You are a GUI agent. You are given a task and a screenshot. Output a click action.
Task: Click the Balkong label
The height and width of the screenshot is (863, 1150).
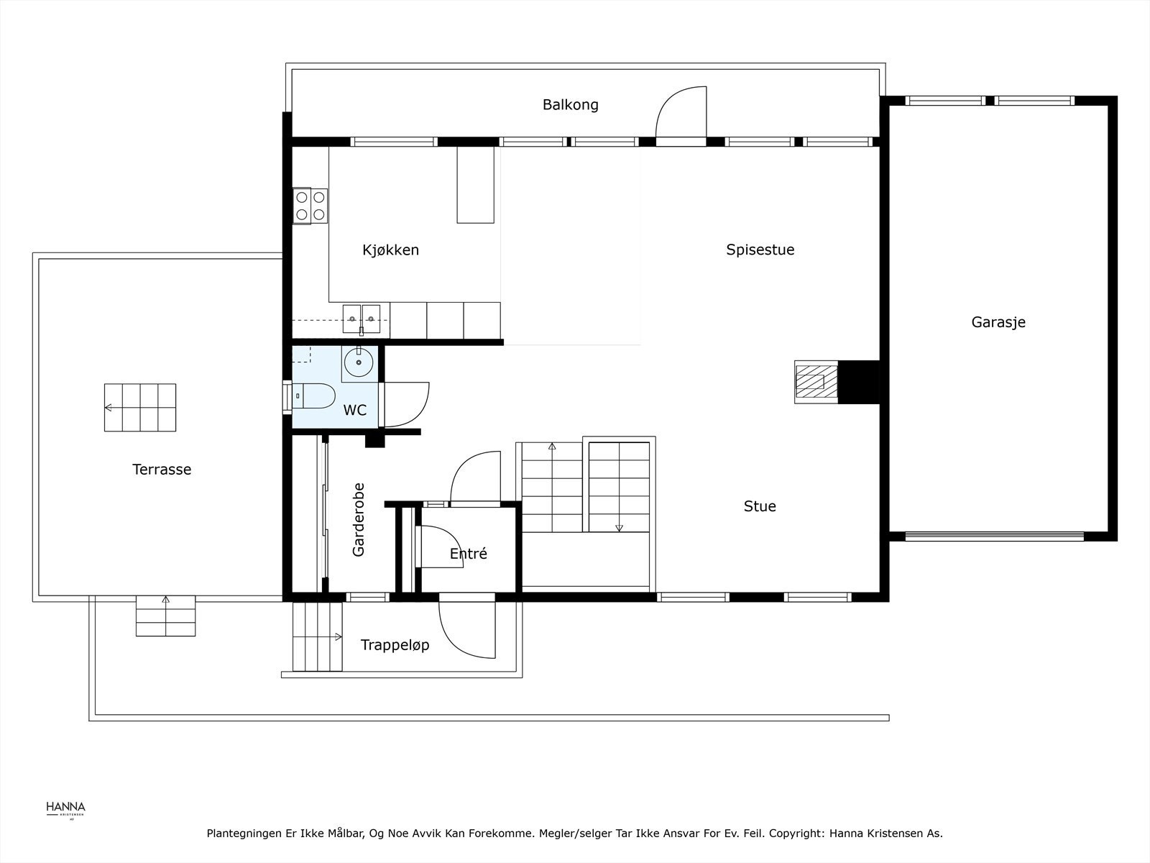coord(570,105)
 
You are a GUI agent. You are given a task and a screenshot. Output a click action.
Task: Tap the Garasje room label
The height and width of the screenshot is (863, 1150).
coord(998,322)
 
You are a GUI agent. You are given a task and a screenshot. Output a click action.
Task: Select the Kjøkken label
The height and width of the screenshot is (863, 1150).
coord(390,250)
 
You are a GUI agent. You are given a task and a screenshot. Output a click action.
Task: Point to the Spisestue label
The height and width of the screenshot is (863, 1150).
coord(760,250)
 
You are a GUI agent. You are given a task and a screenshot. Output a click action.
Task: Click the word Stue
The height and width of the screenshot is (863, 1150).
coord(759,506)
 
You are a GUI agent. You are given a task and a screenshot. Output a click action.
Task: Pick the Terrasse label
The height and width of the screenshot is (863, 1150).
coord(162,470)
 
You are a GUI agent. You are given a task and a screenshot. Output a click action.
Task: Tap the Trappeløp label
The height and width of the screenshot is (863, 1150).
coord(395,645)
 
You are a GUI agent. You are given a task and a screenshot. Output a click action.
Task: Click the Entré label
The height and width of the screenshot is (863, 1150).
coord(468,554)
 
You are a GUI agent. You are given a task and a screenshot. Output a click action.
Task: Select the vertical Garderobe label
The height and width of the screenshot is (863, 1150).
coord(359,519)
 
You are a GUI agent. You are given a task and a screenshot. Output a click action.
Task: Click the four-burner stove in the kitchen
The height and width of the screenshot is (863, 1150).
coord(310,206)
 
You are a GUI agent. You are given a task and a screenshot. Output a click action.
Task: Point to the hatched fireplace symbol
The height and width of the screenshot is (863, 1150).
coord(816,381)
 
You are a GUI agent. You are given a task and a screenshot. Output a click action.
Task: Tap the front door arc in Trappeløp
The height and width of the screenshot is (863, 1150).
coord(466,631)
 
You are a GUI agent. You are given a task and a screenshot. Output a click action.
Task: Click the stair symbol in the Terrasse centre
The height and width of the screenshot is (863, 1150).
coord(140,408)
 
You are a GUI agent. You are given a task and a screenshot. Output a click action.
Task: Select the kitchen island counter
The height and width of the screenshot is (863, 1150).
coord(476,185)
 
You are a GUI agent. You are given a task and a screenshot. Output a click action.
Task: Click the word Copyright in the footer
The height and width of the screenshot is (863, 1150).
coord(796,834)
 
